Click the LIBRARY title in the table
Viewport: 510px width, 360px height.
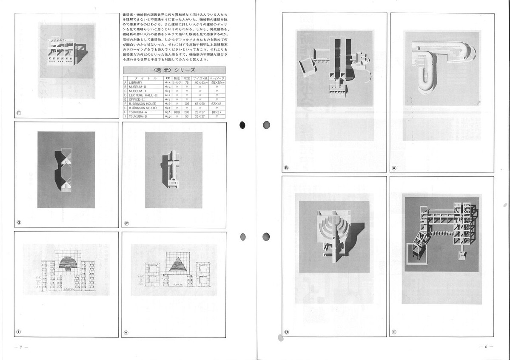(137, 82)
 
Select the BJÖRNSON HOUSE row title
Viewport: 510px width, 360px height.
(143, 103)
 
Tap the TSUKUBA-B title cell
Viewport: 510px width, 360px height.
(139, 116)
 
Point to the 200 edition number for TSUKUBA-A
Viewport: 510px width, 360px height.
(187, 112)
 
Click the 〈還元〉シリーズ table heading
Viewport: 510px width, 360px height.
(174, 70)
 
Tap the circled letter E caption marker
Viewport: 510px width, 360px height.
(19, 113)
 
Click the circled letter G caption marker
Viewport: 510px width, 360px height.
(19, 222)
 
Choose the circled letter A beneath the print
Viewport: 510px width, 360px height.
(394, 168)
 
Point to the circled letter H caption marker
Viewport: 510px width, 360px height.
(126, 332)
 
